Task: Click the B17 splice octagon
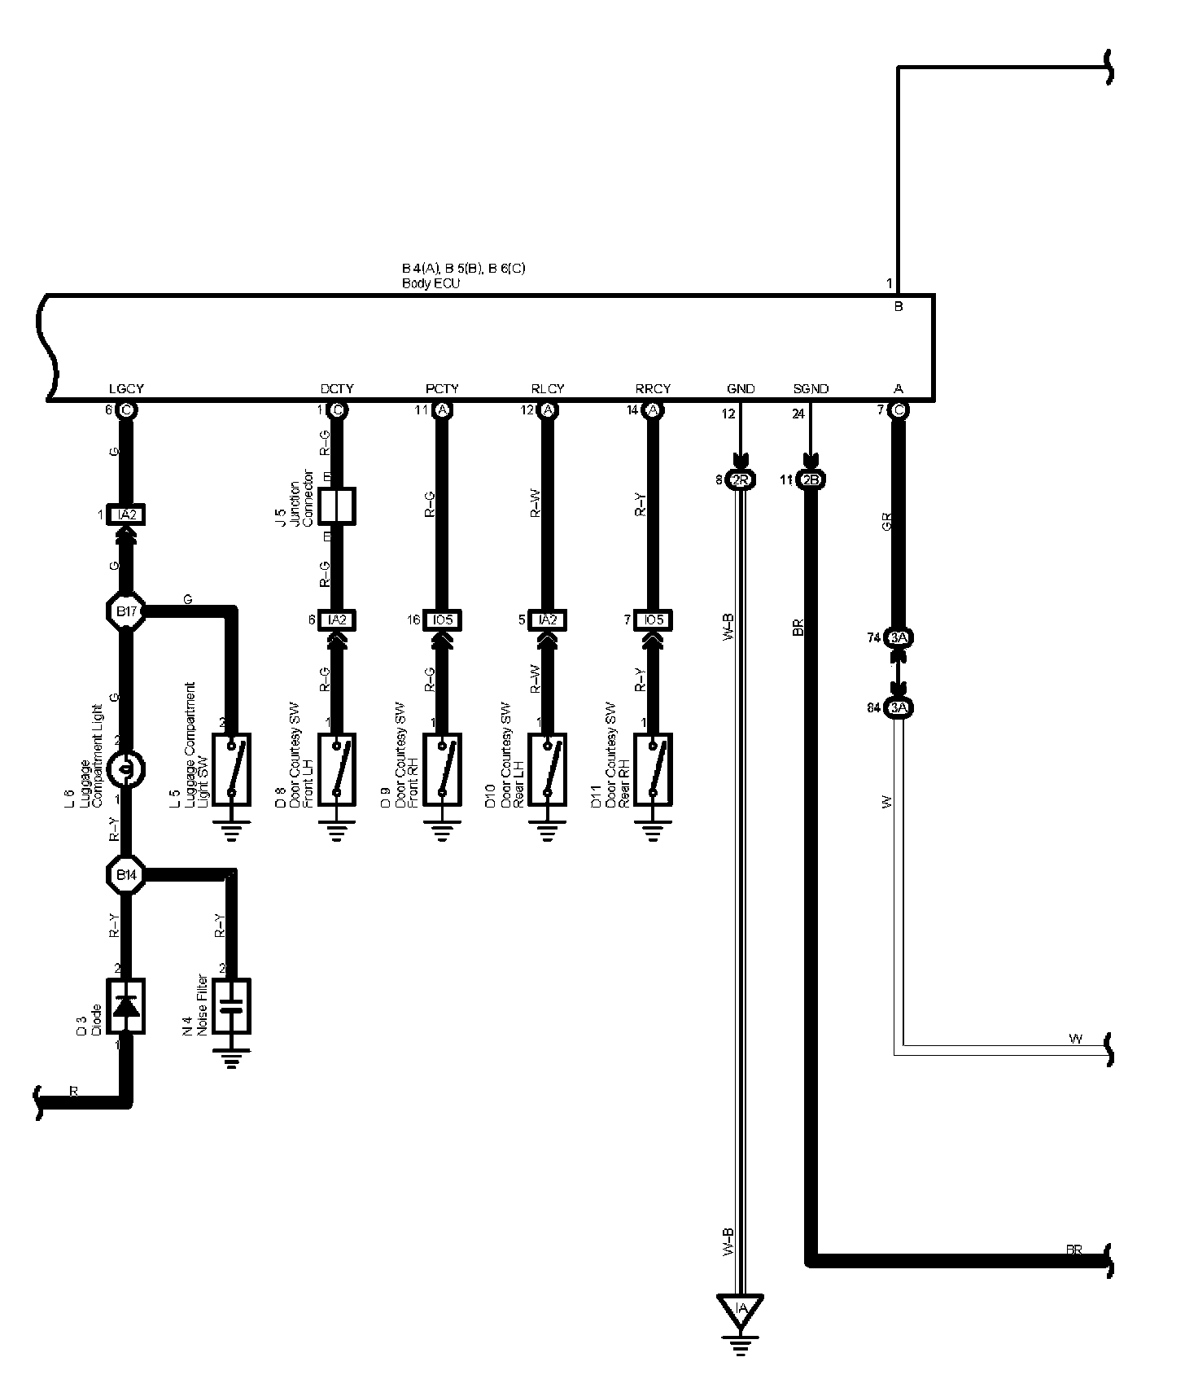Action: [x=126, y=611]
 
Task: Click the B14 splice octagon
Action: [x=126, y=875]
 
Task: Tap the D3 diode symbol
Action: [x=126, y=1006]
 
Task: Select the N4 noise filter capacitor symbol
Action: [x=232, y=1006]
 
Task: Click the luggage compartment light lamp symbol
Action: [x=126, y=768]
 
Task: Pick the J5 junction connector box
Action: [x=337, y=506]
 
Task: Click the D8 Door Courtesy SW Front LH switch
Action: [x=337, y=769]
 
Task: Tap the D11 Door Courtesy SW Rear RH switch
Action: [x=653, y=769]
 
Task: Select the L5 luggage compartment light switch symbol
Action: [x=232, y=769]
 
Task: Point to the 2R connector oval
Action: [x=740, y=480]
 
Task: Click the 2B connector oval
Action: [x=811, y=480]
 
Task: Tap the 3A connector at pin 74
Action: [x=899, y=638]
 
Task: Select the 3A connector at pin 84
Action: [x=899, y=708]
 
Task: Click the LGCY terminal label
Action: [x=126, y=389]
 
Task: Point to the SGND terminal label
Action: [x=811, y=389]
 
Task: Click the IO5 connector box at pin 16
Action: [x=443, y=620]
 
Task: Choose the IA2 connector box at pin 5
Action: [x=548, y=620]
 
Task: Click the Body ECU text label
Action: [x=431, y=284]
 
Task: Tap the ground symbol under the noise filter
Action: [x=232, y=1058]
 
